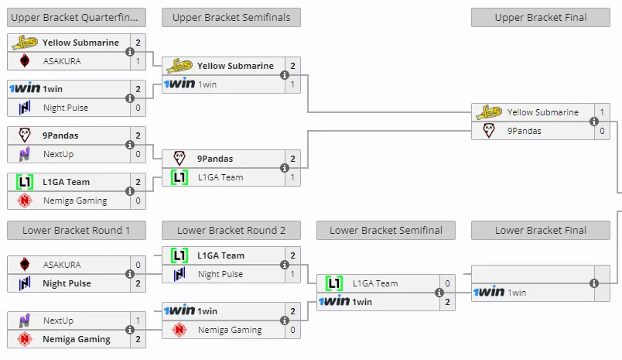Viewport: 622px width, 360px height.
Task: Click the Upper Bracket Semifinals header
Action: tap(231, 18)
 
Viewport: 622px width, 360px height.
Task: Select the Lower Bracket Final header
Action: tap(541, 230)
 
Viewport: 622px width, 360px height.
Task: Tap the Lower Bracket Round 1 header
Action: tap(77, 230)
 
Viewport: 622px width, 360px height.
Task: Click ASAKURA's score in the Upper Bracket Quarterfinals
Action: tap(138, 61)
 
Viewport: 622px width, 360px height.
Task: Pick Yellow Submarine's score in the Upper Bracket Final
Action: tap(602, 112)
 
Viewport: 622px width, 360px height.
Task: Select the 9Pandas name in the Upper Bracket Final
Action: tap(524, 131)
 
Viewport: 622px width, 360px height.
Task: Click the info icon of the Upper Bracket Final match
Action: tap(594, 122)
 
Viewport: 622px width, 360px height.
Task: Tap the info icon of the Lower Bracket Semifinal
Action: tap(439, 293)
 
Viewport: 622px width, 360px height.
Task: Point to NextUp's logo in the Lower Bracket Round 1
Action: tap(25, 321)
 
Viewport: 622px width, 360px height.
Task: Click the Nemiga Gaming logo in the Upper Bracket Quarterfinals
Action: tap(25, 201)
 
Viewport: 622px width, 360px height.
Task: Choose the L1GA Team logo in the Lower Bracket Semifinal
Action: tap(334, 283)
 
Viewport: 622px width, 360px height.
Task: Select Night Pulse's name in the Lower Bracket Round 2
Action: tap(220, 274)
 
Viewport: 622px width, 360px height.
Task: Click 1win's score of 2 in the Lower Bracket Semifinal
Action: tap(447, 302)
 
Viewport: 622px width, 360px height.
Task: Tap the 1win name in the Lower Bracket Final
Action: tap(517, 293)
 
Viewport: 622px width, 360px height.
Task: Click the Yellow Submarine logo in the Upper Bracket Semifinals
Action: tap(179, 66)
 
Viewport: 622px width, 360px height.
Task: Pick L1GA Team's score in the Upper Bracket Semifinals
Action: tap(292, 177)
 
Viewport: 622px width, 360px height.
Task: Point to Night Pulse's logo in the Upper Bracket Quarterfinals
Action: tap(25, 108)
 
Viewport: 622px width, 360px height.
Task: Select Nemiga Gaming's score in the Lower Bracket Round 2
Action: tap(292, 330)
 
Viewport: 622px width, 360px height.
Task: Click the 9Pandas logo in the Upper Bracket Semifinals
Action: tap(179, 159)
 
